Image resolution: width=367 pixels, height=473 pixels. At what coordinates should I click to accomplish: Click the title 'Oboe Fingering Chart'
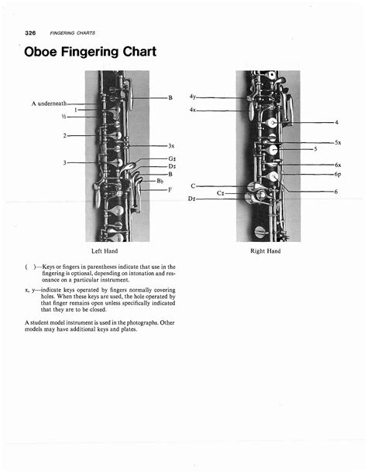[x=91, y=52]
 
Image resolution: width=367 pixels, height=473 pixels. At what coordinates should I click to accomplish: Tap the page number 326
[x=31, y=32]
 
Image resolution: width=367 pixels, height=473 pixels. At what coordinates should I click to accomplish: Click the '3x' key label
[x=171, y=145]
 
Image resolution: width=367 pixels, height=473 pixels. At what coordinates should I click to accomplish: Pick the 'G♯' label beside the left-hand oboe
[x=171, y=158]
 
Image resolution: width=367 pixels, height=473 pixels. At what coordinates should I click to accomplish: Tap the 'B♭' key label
[x=159, y=181]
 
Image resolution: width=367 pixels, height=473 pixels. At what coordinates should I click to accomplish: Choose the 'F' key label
[x=170, y=189]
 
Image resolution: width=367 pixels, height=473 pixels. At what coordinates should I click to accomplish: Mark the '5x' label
[x=338, y=143]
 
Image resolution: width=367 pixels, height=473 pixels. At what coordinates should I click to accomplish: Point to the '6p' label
[x=338, y=175]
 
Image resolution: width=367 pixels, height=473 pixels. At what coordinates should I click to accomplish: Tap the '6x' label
[x=338, y=165]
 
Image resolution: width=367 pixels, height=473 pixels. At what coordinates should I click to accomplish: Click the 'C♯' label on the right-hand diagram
[x=221, y=192]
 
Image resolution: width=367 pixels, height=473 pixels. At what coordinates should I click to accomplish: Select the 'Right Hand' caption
[x=266, y=251]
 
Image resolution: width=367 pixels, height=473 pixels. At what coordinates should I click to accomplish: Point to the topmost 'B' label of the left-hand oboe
[x=170, y=98]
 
